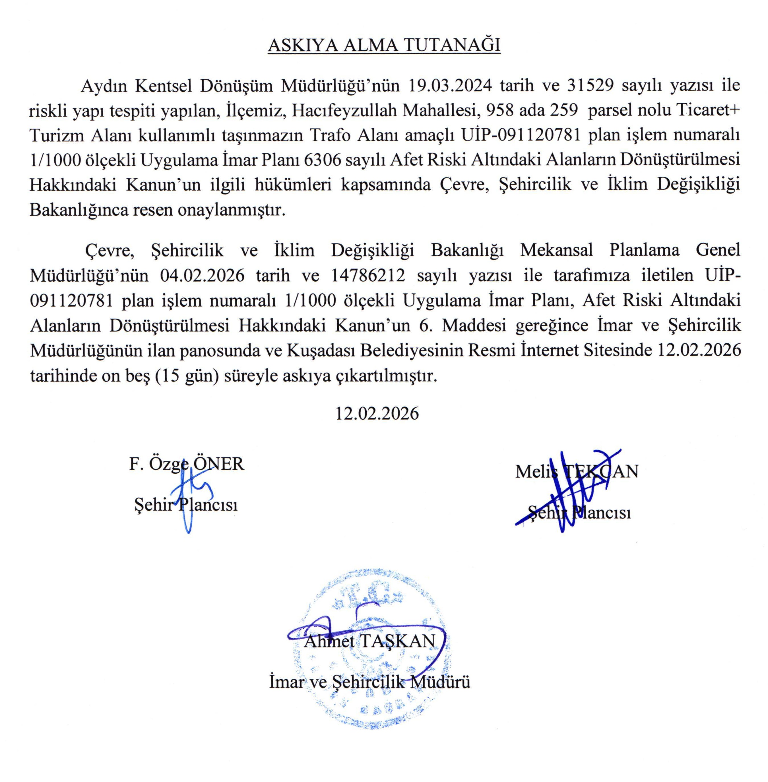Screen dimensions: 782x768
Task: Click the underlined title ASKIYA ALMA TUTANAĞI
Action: coord(384,46)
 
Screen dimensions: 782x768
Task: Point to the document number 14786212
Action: coord(368,275)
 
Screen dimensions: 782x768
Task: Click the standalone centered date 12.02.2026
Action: coord(377,413)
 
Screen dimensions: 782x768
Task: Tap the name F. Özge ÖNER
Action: coord(186,464)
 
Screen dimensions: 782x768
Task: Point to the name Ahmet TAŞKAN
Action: coord(369,641)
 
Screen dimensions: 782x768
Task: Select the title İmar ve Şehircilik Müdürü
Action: coord(369,682)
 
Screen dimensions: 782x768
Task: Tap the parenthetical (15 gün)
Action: coord(189,376)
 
